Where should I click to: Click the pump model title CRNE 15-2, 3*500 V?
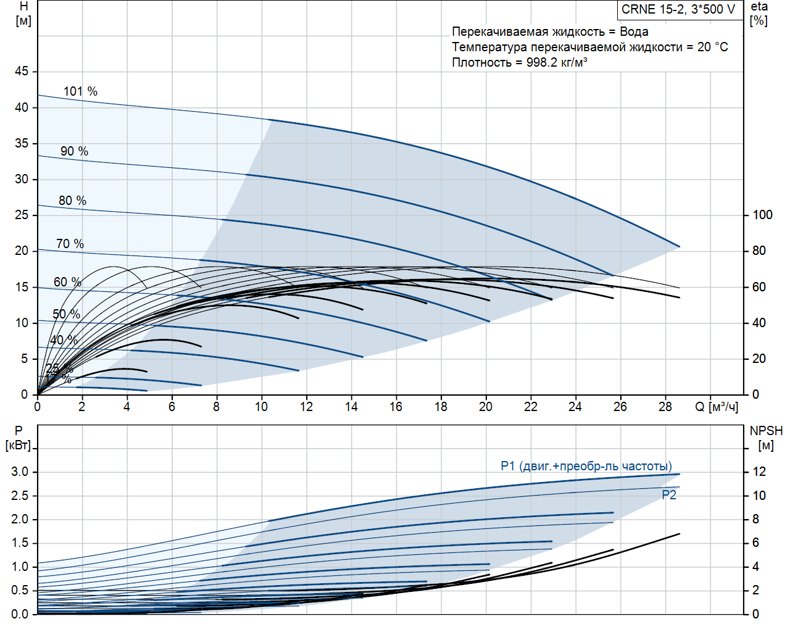tap(678, 9)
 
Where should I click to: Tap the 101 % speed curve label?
tap(80, 91)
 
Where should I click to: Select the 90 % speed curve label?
tap(74, 151)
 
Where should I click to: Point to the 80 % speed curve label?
tap(72, 201)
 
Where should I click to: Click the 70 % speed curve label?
tap(70, 244)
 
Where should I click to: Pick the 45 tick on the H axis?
tap(22, 72)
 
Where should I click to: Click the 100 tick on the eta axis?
tap(762, 215)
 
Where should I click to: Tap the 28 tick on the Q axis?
tap(665, 407)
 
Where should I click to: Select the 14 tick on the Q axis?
tap(351, 407)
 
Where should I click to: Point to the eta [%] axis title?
tap(759, 14)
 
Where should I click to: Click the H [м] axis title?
tap(23, 14)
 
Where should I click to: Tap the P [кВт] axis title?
tap(18, 438)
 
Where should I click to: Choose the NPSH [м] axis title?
tap(766, 438)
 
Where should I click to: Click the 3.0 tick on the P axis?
tap(20, 472)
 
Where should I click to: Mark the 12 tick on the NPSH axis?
tap(759, 472)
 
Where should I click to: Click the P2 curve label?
tap(669, 495)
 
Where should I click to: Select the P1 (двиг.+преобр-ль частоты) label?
tap(586, 466)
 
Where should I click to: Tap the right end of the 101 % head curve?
tap(680, 247)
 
